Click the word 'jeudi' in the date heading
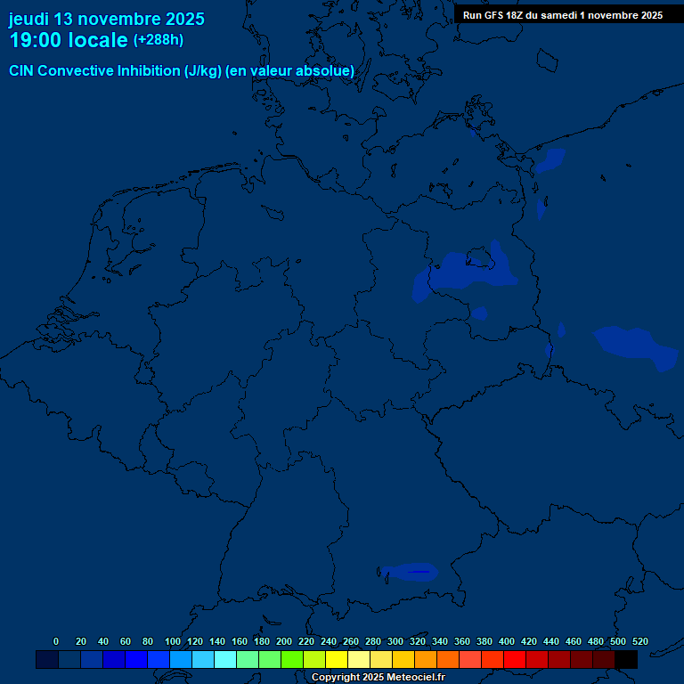[x=28, y=19]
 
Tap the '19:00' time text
[x=35, y=40]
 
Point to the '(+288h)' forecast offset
[x=159, y=40]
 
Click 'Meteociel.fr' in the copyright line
[x=415, y=678]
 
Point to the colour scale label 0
[x=56, y=641]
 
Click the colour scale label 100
[x=173, y=641]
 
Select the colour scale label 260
[x=351, y=641]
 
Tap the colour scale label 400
[x=507, y=641]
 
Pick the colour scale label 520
[x=640, y=641]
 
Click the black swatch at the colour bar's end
[x=626, y=659]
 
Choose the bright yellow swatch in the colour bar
[x=337, y=659]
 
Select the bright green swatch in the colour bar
[x=292, y=659]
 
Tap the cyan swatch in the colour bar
[x=225, y=659]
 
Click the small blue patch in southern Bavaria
[x=410, y=571]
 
